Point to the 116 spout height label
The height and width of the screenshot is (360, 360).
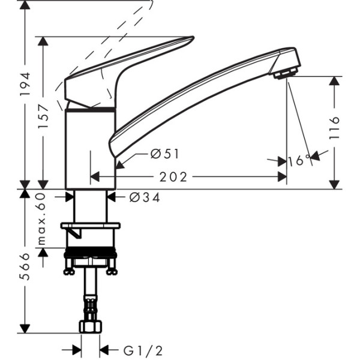[334, 128]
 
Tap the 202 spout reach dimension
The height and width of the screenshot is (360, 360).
[173, 177]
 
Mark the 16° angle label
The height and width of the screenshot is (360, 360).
[298, 161]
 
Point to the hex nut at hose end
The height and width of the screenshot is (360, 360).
[90, 326]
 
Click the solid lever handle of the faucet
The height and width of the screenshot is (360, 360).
[126, 66]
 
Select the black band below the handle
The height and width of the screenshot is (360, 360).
[89, 110]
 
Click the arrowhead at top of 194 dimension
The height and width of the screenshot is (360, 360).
[25, 5]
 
